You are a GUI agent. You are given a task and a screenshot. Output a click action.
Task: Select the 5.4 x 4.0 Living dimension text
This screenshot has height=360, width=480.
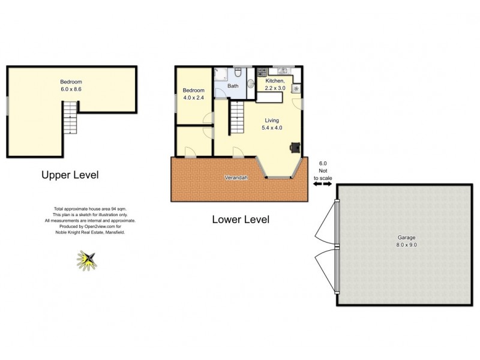point(271,128)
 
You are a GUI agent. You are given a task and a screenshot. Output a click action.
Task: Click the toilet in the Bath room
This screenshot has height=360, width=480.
point(238,74)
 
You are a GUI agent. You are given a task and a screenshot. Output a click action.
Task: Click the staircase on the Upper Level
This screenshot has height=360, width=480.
point(71,118)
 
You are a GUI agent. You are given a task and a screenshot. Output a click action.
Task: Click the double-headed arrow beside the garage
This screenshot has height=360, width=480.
point(322,185)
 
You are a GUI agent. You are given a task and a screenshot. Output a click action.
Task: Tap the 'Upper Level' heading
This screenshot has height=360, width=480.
point(70,175)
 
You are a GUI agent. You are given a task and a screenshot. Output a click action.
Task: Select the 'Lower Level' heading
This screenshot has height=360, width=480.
point(241,220)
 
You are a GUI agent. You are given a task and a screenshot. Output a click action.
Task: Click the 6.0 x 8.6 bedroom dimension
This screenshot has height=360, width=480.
point(71,89)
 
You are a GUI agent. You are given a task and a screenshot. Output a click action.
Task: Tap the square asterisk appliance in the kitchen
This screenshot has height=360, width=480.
point(296,88)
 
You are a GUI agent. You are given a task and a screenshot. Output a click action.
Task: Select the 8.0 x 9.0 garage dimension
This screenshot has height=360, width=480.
point(406,245)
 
